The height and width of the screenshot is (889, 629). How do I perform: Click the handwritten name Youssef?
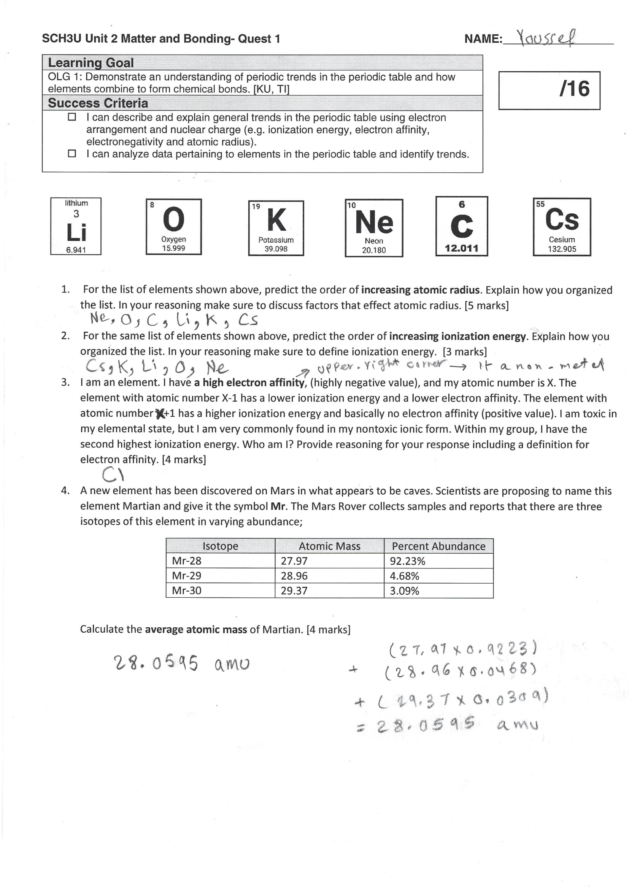[x=546, y=38]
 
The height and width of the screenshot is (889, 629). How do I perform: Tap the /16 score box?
[x=549, y=90]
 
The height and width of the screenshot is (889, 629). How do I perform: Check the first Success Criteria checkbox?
[x=71, y=117]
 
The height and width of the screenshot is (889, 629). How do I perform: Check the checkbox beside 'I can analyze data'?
[x=71, y=153]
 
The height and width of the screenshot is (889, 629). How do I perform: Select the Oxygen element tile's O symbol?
[x=173, y=219]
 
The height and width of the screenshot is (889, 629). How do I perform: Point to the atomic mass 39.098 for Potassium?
[x=276, y=249]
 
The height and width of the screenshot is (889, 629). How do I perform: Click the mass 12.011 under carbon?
[x=461, y=248]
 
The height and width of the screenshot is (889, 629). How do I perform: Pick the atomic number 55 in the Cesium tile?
[x=540, y=204]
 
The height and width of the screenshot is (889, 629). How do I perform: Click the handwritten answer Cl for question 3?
[x=113, y=474]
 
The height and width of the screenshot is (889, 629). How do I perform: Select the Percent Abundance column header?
[x=438, y=546]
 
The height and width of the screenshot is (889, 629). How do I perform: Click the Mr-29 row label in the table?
[x=187, y=576]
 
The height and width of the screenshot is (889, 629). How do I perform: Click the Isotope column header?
[x=221, y=546]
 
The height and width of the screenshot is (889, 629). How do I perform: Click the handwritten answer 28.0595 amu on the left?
[x=181, y=663]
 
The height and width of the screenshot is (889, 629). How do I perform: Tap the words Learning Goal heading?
[x=91, y=63]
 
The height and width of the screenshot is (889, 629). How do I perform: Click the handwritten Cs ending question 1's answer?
[x=248, y=320]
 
